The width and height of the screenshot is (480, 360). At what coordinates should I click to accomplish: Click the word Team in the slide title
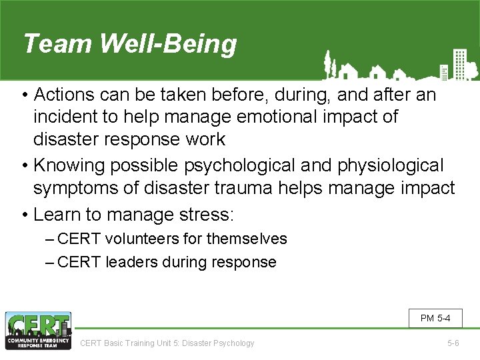tap(57, 44)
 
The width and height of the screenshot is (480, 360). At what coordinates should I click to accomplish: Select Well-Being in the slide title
tap(168, 44)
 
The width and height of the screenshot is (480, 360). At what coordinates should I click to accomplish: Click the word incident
tap(65, 117)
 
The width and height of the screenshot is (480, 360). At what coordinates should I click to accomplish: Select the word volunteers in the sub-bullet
tap(143, 239)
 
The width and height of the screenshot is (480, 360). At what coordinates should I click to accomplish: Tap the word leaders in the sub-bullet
tap(129, 262)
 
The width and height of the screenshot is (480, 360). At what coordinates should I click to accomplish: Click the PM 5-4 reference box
tap(435, 318)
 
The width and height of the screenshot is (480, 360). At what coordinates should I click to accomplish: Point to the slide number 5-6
tap(453, 343)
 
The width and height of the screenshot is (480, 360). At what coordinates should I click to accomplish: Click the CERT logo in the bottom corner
tap(38, 331)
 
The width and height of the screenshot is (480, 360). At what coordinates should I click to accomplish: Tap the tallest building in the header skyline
tap(459, 64)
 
